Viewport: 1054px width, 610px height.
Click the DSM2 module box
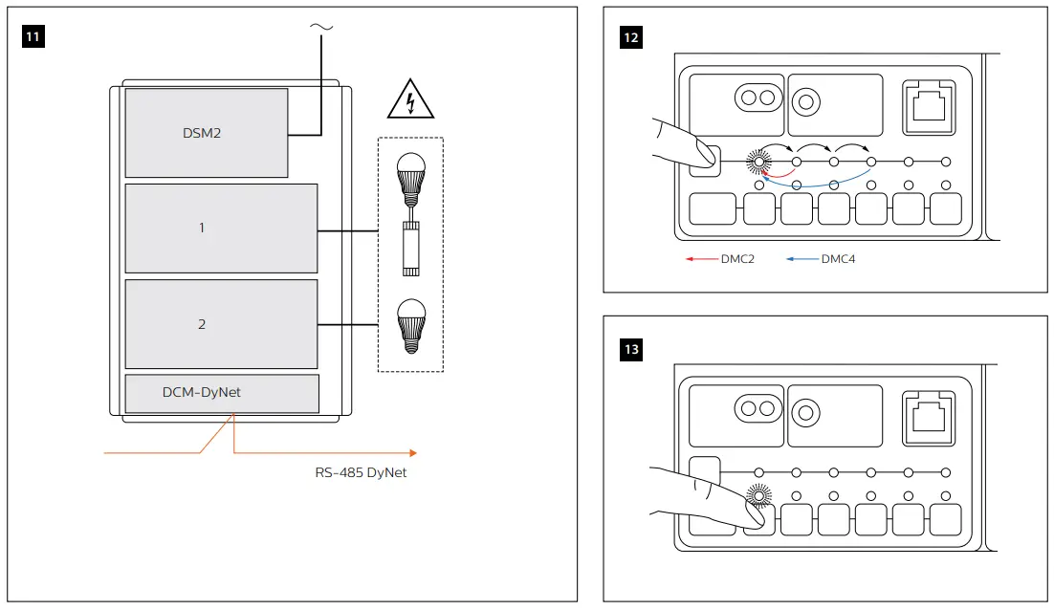(x=206, y=133)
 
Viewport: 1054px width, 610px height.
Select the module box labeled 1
(x=221, y=229)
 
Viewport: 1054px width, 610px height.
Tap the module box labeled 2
(x=221, y=324)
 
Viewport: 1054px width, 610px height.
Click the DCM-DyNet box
(x=221, y=393)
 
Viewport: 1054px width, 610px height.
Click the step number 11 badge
(x=33, y=37)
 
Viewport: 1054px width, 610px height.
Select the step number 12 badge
(x=631, y=37)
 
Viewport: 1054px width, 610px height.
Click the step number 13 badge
(x=631, y=349)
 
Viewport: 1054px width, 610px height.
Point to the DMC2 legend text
(x=737, y=258)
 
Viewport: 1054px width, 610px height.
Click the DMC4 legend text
(x=838, y=258)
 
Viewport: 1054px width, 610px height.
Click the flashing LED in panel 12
(x=758, y=163)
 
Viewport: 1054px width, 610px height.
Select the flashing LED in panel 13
(x=758, y=494)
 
